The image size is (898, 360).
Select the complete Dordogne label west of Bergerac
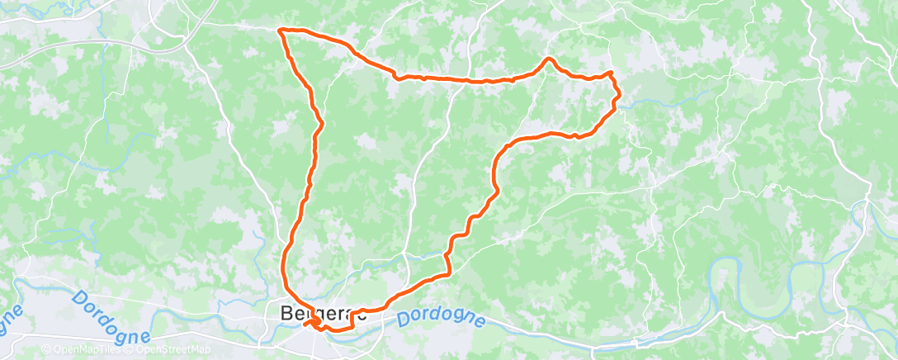[x=111, y=315]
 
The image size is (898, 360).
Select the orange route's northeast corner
[x=612, y=74]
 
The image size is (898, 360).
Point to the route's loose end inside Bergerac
[x=305, y=324]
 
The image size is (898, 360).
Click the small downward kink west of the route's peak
[x=398, y=78]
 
